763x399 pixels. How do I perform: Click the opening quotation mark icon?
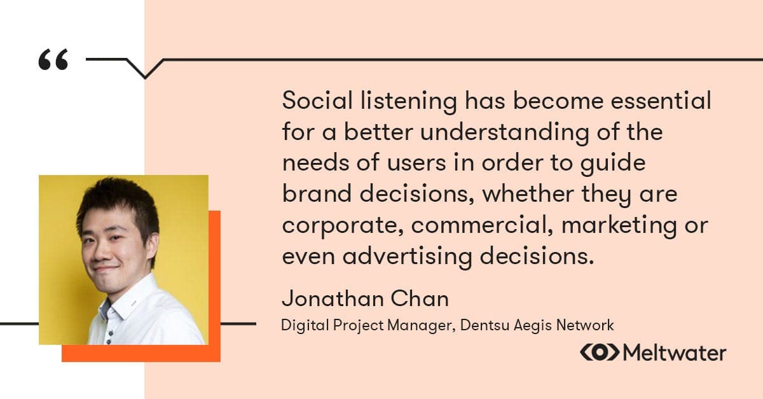click(53, 60)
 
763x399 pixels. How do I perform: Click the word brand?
click(311, 194)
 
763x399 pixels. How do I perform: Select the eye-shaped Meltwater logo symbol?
click(599, 353)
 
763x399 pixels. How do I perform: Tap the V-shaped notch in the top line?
click(145, 69)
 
